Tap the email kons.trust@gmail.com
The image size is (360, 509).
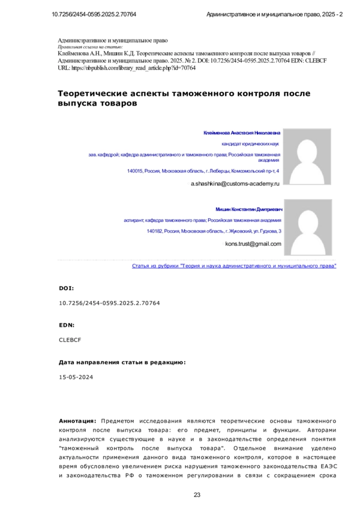253,244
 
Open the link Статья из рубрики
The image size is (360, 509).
234,265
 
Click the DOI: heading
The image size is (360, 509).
66,288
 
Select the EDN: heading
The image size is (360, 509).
66,324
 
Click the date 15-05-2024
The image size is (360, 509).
76,377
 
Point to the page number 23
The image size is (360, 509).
197,495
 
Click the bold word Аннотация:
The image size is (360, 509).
78,421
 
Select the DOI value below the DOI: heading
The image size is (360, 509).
109,303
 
